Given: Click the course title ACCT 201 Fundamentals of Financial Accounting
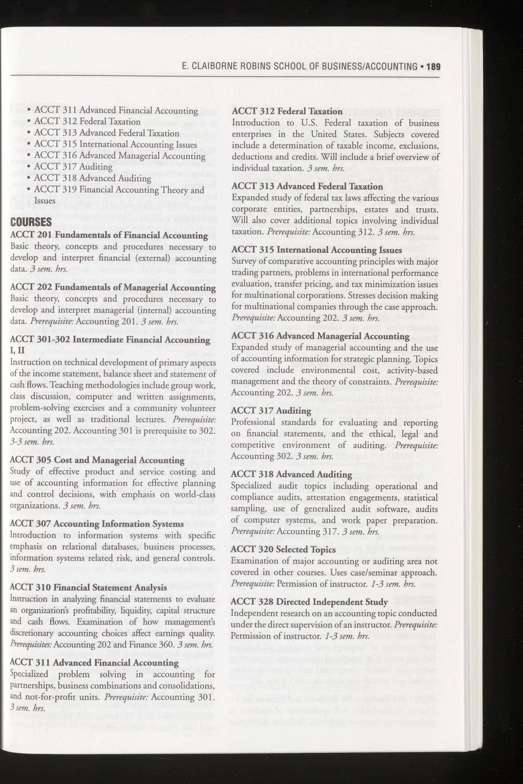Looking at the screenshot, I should [x=109, y=235].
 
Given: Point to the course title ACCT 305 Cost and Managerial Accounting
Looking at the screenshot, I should [x=97, y=460].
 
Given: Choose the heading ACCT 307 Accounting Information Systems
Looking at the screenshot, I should [x=97, y=524].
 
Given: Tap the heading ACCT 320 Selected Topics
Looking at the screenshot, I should [x=284, y=549].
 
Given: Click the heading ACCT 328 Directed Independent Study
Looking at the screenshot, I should [x=309, y=602].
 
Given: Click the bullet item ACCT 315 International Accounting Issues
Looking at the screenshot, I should [x=116, y=144].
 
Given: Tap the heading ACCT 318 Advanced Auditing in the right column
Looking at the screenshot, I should [x=291, y=474].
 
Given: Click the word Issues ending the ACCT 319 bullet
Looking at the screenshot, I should [x=45, y=201].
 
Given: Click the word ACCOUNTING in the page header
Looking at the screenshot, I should [x=392, y=67].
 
